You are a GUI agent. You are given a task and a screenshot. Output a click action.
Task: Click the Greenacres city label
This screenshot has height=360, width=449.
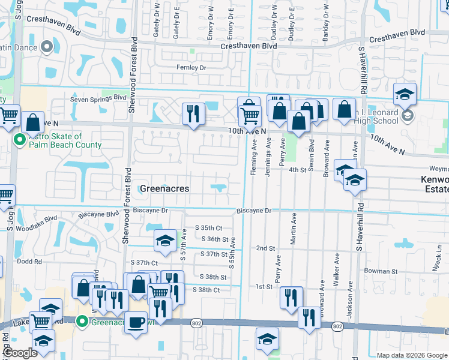(164, 188)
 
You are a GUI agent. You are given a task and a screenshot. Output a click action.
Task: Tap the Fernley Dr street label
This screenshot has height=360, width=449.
(191, 68)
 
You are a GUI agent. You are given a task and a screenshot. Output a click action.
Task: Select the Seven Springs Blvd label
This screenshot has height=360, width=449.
(98, 98)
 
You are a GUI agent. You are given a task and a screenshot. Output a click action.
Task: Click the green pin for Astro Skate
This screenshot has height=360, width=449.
(19, 141)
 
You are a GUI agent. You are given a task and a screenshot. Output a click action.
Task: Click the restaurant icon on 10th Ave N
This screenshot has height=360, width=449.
(193, 114)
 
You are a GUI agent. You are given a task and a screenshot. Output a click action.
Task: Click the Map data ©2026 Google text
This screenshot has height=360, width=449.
(411, 355)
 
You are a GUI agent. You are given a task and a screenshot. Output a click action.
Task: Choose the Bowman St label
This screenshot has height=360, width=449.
(381, 271)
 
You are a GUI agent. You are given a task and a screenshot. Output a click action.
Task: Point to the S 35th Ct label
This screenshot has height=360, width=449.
(208, 228)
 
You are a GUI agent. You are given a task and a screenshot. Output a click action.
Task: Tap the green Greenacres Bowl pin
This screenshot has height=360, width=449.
(82, 322)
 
